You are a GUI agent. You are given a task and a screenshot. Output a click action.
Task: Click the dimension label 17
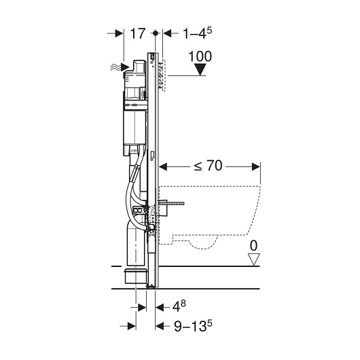tap(138, 33)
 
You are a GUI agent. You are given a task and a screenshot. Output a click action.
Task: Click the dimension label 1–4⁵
tap(197, 33)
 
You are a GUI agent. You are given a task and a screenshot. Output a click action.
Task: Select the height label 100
tap(200, 56)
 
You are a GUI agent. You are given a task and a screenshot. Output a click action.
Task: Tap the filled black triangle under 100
tap(200, 69)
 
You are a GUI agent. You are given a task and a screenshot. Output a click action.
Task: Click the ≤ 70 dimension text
tap(208, 166)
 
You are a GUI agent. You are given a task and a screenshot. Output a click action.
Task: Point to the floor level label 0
tap(253, 246)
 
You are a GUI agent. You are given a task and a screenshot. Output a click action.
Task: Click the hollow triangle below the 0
tap(254, 259)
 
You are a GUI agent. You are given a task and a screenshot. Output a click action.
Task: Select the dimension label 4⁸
tap(179, 306)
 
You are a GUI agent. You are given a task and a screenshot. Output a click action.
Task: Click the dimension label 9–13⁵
tap(193, 326)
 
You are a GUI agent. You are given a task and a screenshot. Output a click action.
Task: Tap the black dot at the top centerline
tap(156, 33)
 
